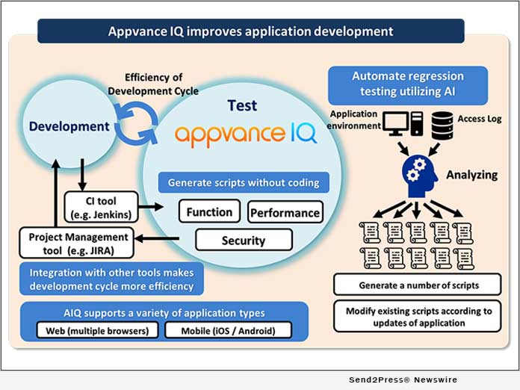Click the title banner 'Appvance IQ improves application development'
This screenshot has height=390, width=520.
click(250, 31)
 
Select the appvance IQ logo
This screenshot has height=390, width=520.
click(246, 134)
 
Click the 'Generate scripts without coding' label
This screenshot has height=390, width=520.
click(244, 182)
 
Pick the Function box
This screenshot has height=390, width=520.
click(210, 211)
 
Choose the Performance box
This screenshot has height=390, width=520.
click(285, 212)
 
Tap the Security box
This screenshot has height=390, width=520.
click(244, 240)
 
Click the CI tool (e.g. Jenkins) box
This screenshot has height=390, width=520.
click(100, 207)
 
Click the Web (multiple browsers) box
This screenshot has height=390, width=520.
click(97, 329)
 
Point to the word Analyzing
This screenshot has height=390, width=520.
click(471, 175)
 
